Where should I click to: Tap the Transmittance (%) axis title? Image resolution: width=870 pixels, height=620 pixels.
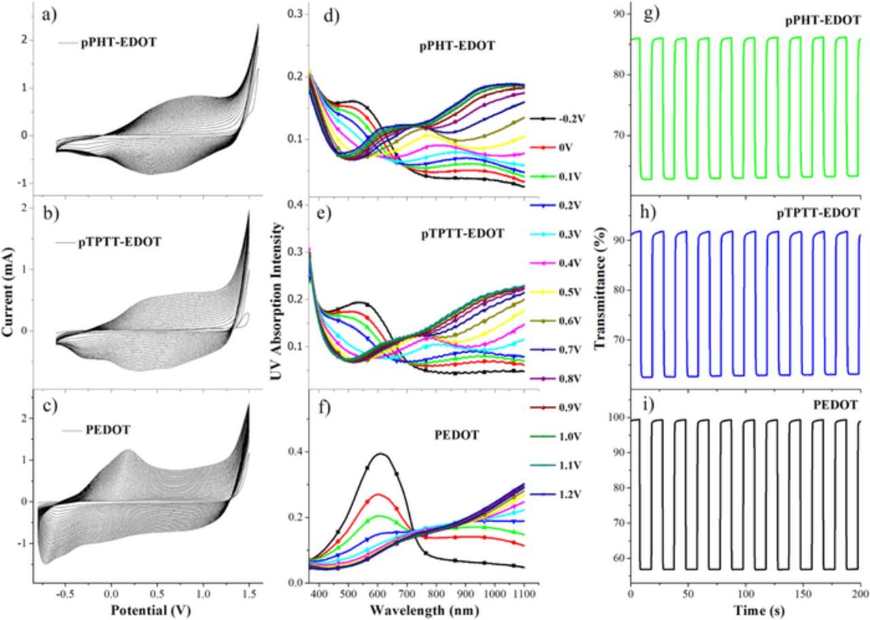tap(599, 301)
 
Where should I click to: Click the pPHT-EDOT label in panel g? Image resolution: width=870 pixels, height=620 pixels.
tap(822, 20)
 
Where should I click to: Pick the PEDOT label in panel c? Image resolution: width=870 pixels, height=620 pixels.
tap(109, 430)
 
